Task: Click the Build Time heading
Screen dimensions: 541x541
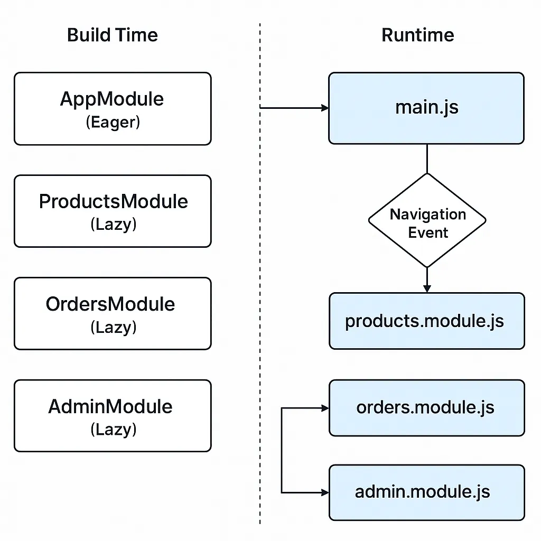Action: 113,35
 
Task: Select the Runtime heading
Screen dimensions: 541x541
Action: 417,35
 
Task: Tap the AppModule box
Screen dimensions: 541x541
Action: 113,108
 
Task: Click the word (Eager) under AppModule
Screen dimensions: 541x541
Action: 113,123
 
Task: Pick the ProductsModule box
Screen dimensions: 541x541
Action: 113,211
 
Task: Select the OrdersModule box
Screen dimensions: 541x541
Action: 113,313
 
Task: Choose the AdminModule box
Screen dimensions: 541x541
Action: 113,415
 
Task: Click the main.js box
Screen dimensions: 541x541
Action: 426,108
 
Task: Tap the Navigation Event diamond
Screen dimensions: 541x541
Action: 427,220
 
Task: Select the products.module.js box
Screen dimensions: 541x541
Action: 426,321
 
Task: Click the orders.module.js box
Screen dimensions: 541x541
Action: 426,407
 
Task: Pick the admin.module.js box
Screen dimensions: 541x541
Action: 426,492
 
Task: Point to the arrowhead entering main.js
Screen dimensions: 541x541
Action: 324,108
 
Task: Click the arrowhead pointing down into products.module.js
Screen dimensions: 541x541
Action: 427,288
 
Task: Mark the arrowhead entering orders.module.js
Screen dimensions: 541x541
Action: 324,408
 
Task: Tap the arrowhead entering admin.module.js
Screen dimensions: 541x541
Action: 324,492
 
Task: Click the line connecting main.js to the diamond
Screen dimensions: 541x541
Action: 427,158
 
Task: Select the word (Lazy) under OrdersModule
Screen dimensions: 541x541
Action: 113,328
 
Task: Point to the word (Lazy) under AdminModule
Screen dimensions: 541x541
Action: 113,430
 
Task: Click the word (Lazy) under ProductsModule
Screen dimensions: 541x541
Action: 113,225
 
